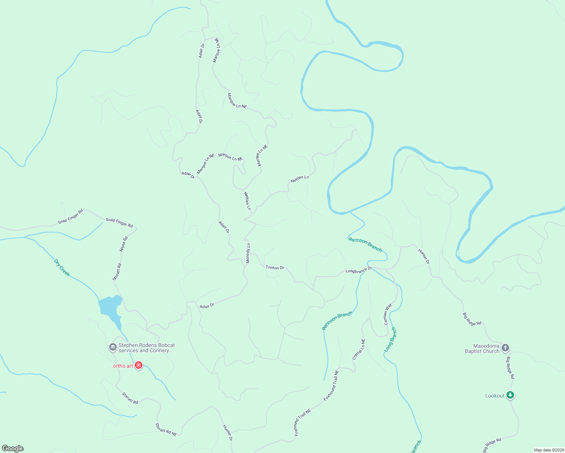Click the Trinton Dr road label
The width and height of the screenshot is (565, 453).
275,268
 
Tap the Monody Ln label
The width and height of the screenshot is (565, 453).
248,253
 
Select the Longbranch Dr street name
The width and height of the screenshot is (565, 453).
359,270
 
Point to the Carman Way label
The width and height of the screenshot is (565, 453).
388,314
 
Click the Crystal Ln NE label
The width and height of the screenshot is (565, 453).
359,350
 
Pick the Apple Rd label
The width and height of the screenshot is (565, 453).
123,244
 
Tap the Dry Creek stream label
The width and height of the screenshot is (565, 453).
62,268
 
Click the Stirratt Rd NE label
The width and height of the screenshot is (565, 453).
166,430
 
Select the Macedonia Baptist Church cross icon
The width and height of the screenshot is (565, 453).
505,348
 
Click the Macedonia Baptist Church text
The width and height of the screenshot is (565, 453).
482,348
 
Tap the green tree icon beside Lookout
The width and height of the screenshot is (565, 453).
510,395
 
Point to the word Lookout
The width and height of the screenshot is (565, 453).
495,396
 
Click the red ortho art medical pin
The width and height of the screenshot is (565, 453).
139,365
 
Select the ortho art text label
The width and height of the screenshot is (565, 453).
123,366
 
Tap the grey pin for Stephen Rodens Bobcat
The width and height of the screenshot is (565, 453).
113,347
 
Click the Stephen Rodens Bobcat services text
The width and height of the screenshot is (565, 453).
147,348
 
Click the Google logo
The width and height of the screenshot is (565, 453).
12,448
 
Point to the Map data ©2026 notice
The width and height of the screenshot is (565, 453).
548,450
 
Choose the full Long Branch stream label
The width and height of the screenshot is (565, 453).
391,340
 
